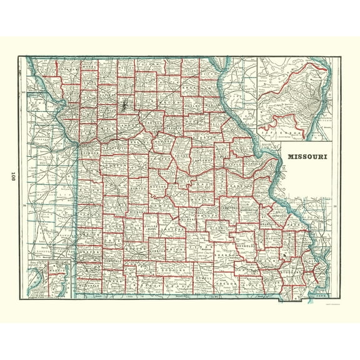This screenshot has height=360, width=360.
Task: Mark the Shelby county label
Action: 187,106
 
